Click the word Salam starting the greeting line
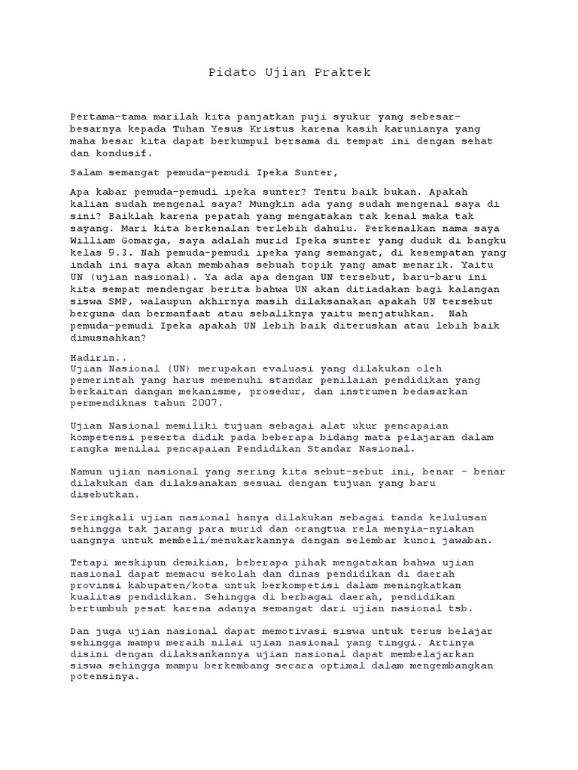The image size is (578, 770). point(84,172)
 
